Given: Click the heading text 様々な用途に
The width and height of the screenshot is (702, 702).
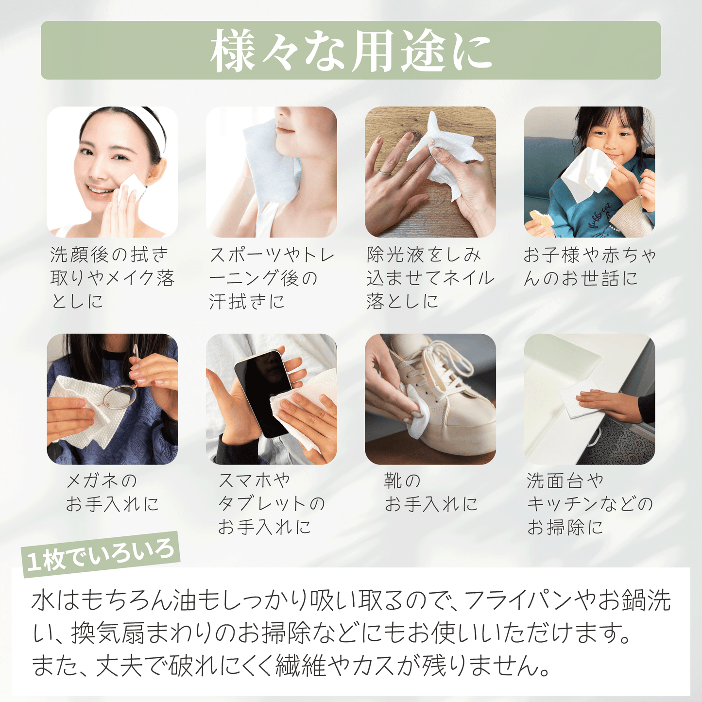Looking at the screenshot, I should (351, 51).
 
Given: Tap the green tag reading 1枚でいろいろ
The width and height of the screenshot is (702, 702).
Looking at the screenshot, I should (101, 555).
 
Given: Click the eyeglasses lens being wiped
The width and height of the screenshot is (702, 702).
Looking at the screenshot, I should (120, 397).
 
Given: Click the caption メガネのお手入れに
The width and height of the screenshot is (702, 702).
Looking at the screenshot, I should (112, 492).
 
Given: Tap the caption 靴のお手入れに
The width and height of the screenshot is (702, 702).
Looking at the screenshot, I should (431, 492).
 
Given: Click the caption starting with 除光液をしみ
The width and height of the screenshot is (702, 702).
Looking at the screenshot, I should (430, 278).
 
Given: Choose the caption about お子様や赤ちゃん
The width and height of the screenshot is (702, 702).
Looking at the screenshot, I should (589, 266).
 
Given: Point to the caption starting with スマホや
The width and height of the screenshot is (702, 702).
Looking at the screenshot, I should (271, 503).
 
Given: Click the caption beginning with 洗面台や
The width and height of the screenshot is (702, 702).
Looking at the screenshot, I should (589, 503).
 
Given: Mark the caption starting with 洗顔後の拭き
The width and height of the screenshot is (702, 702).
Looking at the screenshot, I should (112, 278).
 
